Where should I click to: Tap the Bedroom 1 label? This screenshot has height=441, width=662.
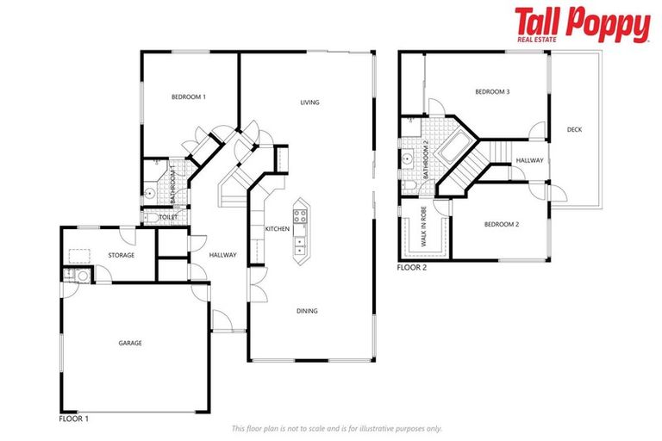[x=189, y=97]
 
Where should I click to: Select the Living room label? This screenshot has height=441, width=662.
[x=309, y=102]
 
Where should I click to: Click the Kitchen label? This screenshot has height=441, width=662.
[x=277, y=229]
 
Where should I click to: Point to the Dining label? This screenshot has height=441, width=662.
[x=308, y=311]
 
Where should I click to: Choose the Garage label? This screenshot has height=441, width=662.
[x=130, y=343]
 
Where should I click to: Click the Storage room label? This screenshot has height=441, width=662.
[x=121, y=256]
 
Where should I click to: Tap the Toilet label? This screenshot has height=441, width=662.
[x=168, y=218]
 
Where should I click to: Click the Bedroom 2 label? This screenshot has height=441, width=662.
[x=501, y=225]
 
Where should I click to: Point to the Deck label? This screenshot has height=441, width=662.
[x=574, y=130]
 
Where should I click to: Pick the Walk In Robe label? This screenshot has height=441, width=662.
[x=423, y=233]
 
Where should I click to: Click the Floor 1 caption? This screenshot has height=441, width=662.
[x=74, y=419]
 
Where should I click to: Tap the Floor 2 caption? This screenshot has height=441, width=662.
[x=412, y=268]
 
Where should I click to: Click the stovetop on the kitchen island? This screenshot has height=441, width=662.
[x=300, y=216]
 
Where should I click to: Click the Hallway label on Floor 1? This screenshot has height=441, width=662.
[x=222, y=255]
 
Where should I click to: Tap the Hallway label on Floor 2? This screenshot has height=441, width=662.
[x=529, y=161]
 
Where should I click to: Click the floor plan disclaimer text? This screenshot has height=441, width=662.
[x=336, y=428]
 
